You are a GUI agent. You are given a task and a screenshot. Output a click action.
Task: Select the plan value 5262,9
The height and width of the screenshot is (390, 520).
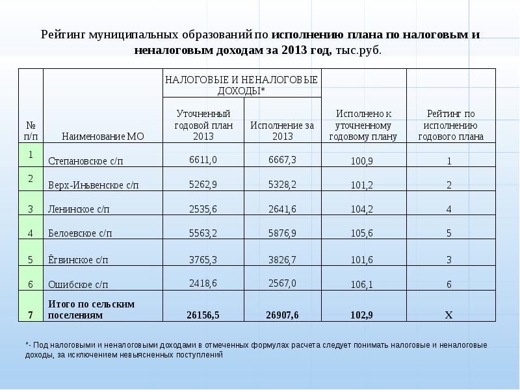click(x=203, y=185)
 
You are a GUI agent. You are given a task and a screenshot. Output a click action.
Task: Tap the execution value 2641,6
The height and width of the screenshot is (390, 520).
click(x=281, y=209)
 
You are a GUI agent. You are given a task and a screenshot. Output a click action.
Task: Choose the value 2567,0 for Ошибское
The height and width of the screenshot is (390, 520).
click(x=281, y=283)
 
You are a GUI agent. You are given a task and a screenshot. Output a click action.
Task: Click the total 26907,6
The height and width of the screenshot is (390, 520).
click(x=282, y=315)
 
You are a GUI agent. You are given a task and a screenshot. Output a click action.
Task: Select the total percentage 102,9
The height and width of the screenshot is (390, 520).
click(x=361, y=315)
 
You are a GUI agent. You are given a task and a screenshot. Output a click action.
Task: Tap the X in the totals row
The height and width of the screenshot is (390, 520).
click(x=448, y=315)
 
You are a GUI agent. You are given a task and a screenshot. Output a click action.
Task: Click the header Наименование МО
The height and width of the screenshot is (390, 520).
click(x=103, y=136)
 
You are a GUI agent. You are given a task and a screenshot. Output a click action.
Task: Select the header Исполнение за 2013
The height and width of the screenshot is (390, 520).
click(x=282, y=131)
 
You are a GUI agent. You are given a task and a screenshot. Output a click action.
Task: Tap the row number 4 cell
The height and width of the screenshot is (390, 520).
click(x=31, y=233)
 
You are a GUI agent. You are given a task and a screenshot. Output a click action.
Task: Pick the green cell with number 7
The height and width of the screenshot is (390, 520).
click(x=31, y=315)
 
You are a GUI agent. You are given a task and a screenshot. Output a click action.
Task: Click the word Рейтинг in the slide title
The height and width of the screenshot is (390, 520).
click(x=66, y=34)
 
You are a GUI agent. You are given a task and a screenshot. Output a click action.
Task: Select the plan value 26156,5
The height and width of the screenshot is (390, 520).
click(x=203, y=315)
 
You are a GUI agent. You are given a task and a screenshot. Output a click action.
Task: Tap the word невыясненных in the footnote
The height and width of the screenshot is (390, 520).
click(x=144, y=355)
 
